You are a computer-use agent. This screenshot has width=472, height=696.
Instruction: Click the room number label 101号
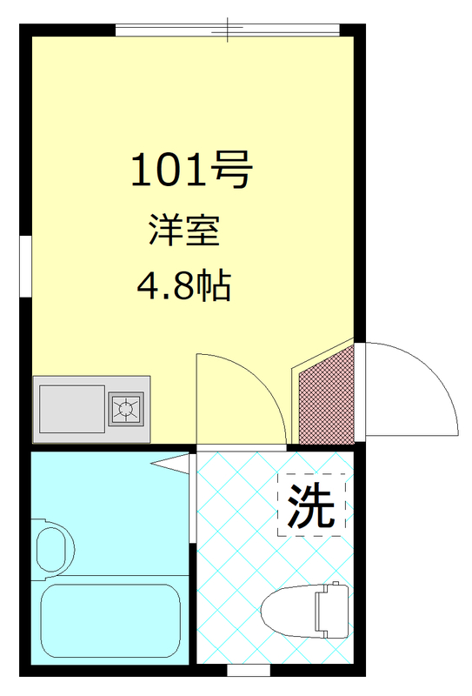point(190,171)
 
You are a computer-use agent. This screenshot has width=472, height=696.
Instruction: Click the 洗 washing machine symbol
point(311,505)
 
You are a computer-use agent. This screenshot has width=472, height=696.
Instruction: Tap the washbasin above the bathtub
point(54,547)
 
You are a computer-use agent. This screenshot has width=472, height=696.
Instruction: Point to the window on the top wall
point(227,30)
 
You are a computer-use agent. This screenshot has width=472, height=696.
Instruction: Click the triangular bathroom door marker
point(175,462)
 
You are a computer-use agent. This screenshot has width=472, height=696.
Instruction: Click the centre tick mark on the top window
point(228,30)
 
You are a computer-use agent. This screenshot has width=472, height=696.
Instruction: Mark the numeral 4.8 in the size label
point(166,284)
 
